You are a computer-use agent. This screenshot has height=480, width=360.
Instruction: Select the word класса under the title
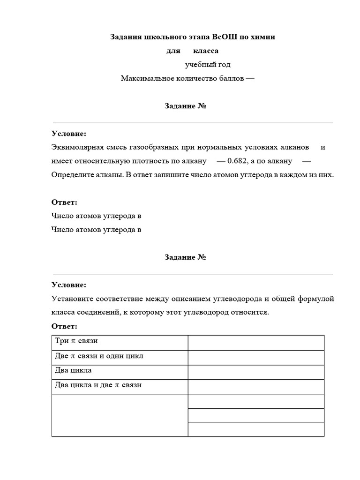(x=206, y=51)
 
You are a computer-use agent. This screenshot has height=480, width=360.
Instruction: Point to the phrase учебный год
(x=208, y=65)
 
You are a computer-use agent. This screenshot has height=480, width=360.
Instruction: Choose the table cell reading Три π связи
(x=120, y=342)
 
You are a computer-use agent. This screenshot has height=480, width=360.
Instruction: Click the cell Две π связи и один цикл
(x=120, y=357)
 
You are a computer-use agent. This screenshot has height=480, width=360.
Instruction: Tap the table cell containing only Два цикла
(x=120, y=371)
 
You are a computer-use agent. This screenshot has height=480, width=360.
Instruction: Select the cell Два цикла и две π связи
(x=120, y=386)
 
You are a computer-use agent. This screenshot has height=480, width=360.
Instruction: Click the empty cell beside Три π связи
(x=256, y=342)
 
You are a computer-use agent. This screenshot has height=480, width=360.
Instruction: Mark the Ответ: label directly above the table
(x=64, y=326)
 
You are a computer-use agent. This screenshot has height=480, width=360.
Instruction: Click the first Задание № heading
(x=186, y=106)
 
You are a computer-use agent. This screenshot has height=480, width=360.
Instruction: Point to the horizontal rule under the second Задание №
(x=193, y=274)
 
